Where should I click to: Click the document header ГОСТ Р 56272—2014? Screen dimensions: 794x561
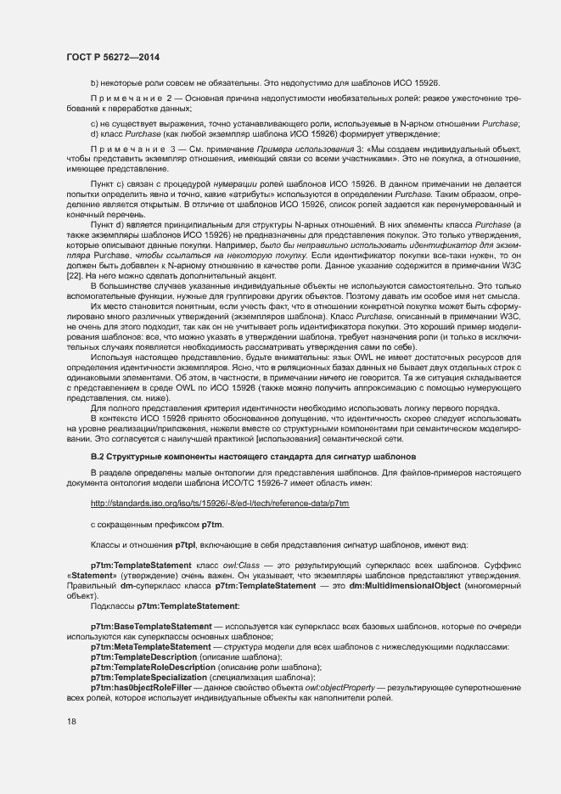(112, 57)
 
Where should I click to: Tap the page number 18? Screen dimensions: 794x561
(71, 722)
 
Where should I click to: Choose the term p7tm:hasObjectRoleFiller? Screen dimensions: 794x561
(140, 688)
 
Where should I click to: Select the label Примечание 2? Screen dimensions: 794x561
(119, 100)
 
